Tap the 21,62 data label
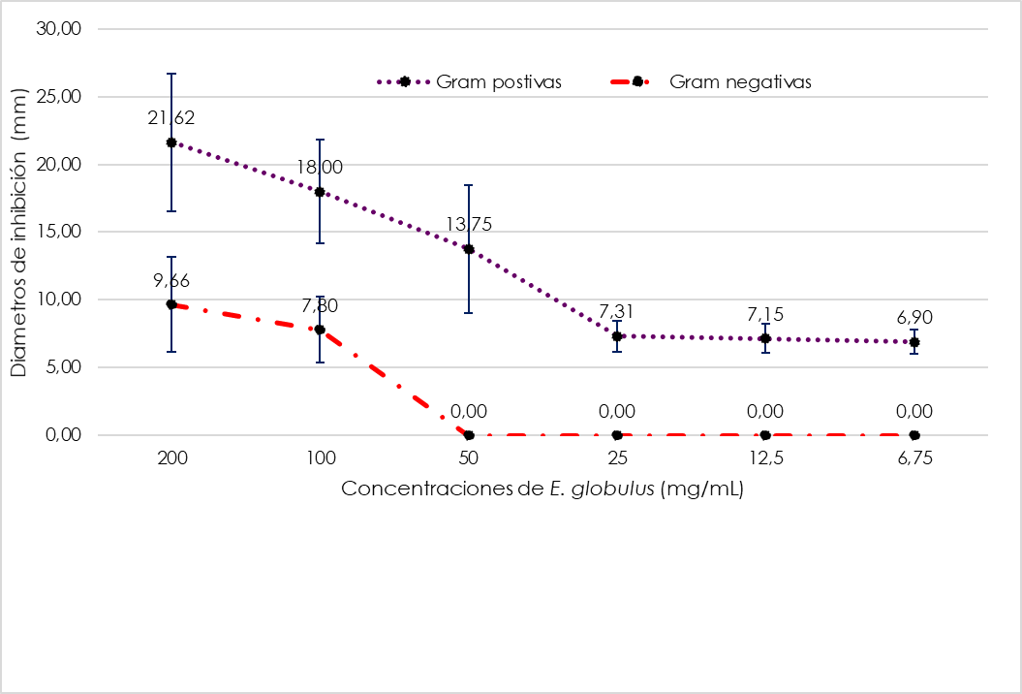tap(171, 118)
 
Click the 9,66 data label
tap(171, 281)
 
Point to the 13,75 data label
tap(469, 225)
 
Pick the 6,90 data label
tap(914, 318)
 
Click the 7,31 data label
tap(617, 312)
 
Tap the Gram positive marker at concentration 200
tap(171, 142)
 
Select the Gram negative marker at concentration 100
tap(320, 330)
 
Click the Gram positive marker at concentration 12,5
tap(765, 338)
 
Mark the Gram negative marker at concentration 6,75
tap(914, 435)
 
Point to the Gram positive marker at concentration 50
tap(469, 249)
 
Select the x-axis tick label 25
tap(617, 459)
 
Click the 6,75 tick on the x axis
tap(914, 459)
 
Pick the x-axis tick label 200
tap(171, 459)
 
